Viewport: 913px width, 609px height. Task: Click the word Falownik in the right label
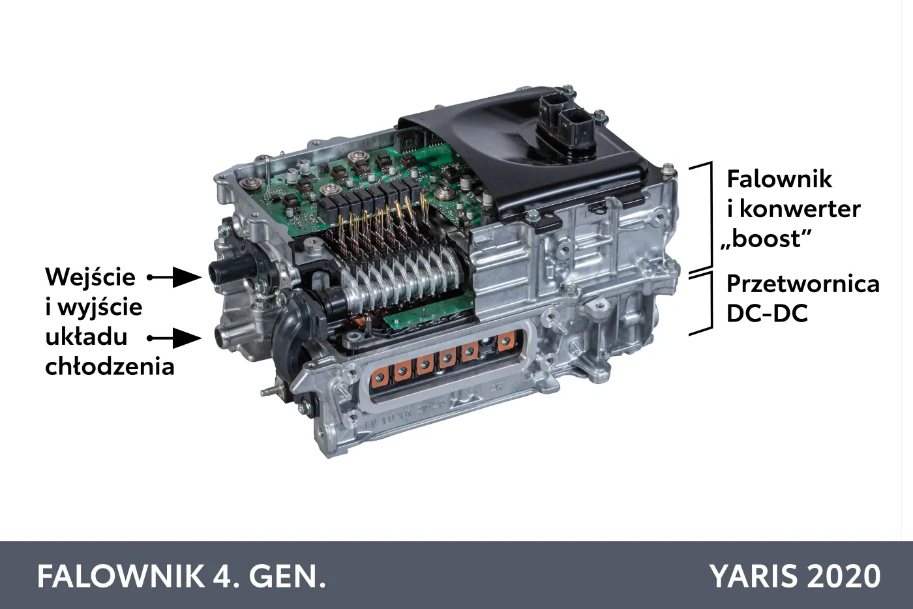point(779,179)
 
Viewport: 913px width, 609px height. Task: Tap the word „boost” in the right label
point(766,239)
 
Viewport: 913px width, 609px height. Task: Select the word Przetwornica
point(803,284)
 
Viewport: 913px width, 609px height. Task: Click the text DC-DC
point(767,314)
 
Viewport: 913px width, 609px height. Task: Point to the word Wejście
point(90,277)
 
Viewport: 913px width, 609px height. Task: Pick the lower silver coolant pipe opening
point(217,338)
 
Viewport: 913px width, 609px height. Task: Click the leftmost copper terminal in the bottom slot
point(380,376)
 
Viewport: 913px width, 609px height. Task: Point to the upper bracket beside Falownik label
point(702,215)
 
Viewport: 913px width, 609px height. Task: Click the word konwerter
point(800,209)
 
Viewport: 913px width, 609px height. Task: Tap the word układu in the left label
point(86,336)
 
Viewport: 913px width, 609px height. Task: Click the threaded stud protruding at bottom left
point(269,391)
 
